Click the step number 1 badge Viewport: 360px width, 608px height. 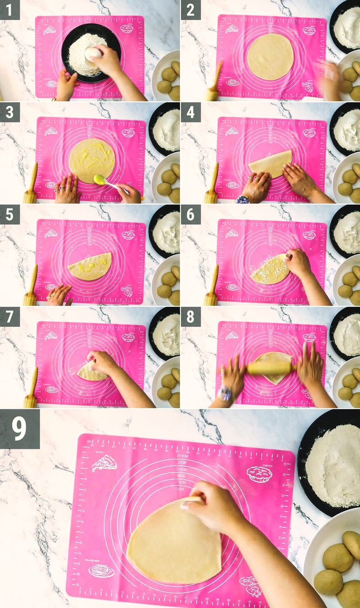coord(10,9)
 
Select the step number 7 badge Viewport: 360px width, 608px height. coord(10,317)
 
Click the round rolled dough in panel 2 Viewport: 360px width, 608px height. coord(270,57)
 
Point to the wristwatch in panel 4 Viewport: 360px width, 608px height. coord(242,199)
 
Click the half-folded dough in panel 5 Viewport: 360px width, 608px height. coord(90,267)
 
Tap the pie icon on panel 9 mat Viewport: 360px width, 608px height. coord(261,473)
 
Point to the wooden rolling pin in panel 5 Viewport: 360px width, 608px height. coord(31,286)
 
